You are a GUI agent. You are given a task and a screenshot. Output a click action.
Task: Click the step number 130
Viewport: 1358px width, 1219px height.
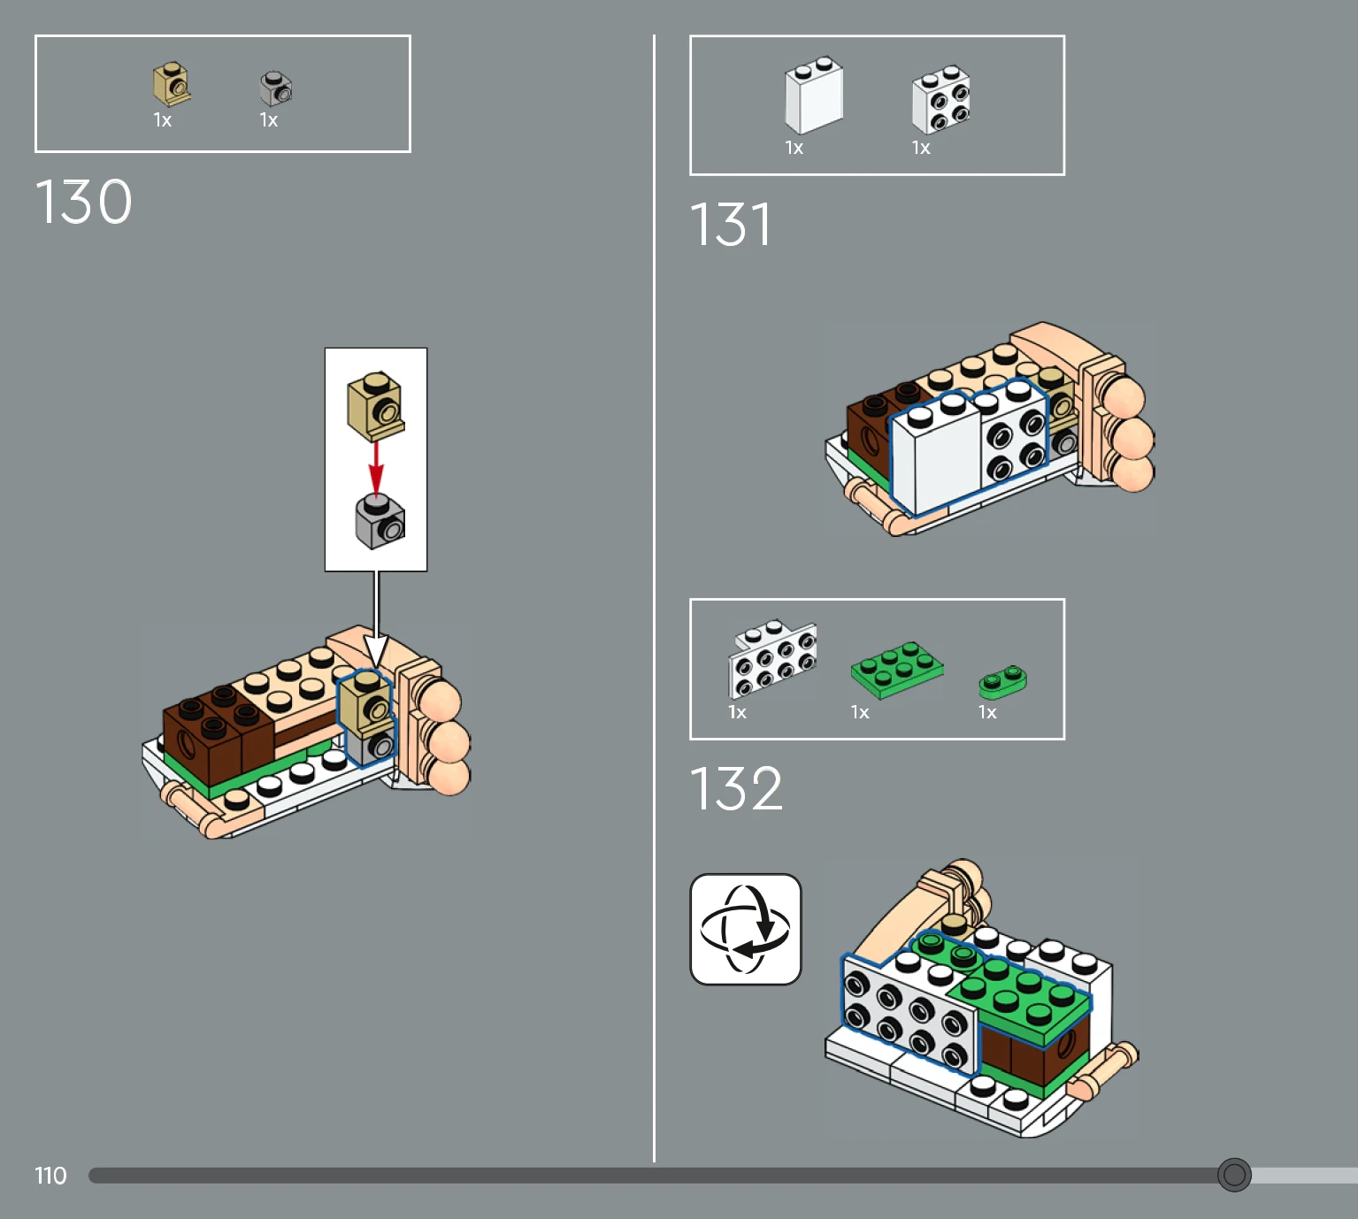coord(84,202)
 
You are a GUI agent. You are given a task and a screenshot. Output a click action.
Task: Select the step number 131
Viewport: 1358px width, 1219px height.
coord(731,225)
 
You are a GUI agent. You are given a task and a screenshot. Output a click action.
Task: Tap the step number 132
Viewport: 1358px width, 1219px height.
coord(736,788)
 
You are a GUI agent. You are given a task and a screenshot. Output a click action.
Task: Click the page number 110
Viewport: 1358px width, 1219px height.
coord(50,1176)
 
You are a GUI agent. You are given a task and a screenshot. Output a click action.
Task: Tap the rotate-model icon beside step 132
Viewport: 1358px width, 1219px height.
coord(746,929)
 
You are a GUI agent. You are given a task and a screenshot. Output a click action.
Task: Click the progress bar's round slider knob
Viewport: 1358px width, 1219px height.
coord(1234,1175)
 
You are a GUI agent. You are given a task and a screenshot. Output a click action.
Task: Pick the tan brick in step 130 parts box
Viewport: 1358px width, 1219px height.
coord(172,84)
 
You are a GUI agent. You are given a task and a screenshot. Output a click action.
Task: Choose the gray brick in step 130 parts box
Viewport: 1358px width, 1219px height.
coord(276,88)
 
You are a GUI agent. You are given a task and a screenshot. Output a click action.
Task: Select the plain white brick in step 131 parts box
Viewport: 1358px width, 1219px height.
coord(814,96)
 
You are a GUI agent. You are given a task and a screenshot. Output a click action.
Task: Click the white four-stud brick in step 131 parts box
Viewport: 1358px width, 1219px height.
coord(940,99)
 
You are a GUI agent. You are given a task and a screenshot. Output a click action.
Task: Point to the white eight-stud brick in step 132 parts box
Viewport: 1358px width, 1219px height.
coord(772,657)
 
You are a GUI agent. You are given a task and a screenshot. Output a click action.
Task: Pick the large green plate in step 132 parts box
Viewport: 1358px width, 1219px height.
coord(896,669)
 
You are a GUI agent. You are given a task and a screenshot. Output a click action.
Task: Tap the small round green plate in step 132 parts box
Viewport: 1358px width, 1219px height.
coord(1002,681)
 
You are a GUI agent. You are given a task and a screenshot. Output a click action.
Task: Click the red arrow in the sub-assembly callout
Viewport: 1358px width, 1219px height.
coord(376,466)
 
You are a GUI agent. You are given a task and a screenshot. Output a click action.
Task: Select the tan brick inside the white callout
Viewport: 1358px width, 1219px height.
coord(376,405)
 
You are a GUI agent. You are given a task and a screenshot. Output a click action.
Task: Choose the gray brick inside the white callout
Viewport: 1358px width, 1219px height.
coord(380,522)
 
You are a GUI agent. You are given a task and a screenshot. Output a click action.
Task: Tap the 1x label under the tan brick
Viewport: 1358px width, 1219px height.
coord(163,120)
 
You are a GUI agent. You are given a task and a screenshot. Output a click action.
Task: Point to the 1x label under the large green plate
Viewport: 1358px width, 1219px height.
coord(860,712)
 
